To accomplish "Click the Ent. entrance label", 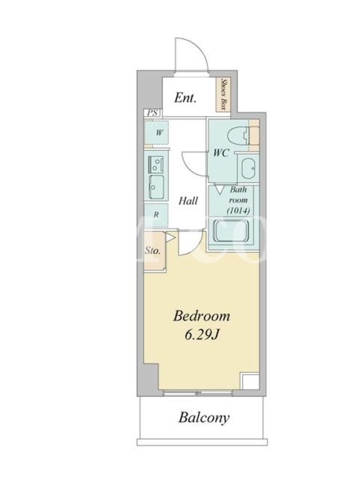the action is coord(185,98).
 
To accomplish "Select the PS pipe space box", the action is coord(152,113).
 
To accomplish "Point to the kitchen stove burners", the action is coord(156,163).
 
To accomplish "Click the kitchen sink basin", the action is coord(156,187).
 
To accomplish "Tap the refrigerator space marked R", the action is coord(156,215).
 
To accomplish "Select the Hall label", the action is coord(188,201).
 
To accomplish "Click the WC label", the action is coord(221,153).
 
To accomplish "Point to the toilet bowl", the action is coord(239,136).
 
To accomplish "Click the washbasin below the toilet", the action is coord(248,168).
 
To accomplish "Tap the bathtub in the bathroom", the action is coord(232,231).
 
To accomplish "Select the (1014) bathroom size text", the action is coord(238,211).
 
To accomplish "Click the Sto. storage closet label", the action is coord(152,251).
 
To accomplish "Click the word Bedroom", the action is coord(202,316).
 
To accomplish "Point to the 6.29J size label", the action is coord(202,335).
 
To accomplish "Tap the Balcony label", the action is coord(204,418).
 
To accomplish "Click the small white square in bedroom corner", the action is coord(250,381).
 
